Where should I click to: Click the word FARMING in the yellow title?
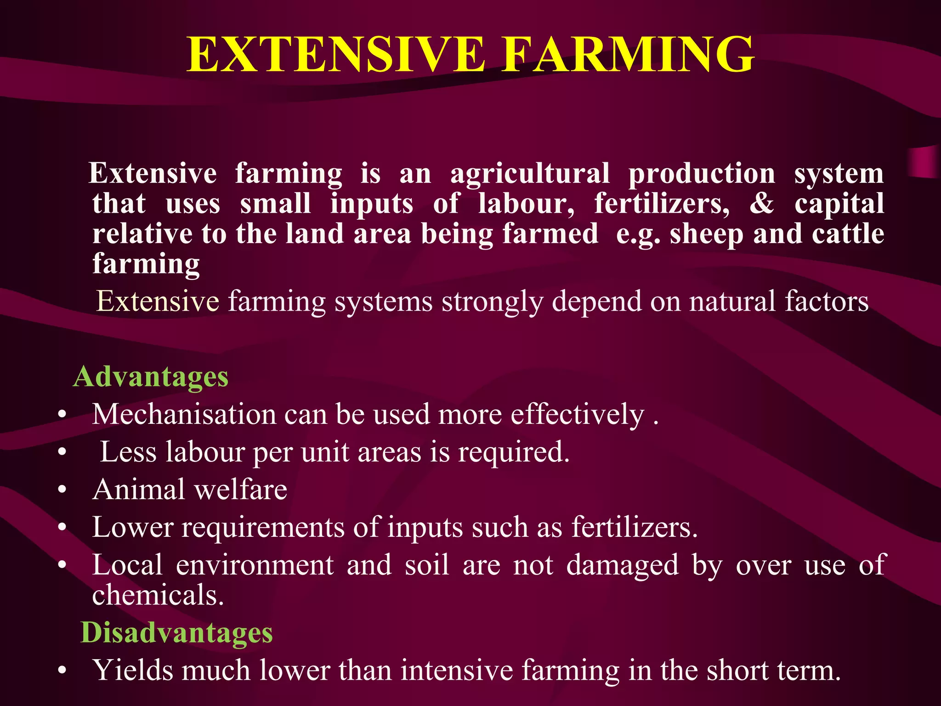(x=627, y=55)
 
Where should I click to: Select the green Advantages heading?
(x=151, y=377)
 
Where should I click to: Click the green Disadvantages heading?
(x=176, y=632)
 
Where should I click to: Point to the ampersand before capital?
(x=761, y=203)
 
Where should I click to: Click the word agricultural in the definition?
(x=530, y=174)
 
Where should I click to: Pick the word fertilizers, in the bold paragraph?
(x=662, y=203)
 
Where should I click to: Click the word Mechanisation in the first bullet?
(x=184, y=414)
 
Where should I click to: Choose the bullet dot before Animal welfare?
(x=62, y=490)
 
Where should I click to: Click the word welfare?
(x=241, y=489)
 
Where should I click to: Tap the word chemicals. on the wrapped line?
(x=158, y=595)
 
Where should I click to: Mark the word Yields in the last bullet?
(x=133, y=670)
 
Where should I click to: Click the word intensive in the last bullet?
(x=457, y=670)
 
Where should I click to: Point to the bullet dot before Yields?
(x=62, y=671)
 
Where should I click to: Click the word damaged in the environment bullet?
(x=622, y=565)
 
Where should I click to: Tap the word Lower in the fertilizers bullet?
(x=132, y=527)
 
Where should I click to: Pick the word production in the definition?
(x=702, y=174)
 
